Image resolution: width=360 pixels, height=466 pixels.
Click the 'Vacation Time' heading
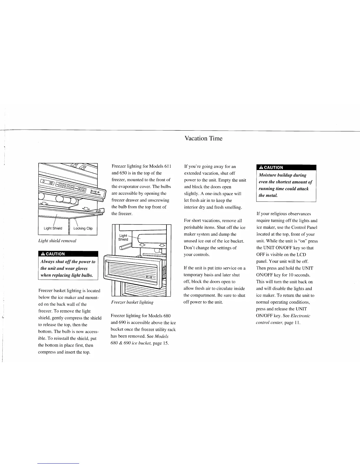pos(203,138)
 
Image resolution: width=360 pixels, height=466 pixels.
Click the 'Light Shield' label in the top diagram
pos(53,228)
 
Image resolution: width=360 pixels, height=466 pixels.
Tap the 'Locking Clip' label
pos(83,228)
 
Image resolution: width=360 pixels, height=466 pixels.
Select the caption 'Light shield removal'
pos(57,241)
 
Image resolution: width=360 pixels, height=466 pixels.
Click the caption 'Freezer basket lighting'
pos(132,302)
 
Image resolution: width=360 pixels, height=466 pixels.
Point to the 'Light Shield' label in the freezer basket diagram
pos(123,237)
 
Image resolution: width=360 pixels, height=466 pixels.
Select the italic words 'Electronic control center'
pos(283,319)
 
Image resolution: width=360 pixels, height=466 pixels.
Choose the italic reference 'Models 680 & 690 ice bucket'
pos(139,339)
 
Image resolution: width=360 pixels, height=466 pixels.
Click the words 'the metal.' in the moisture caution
pos(268,195)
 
